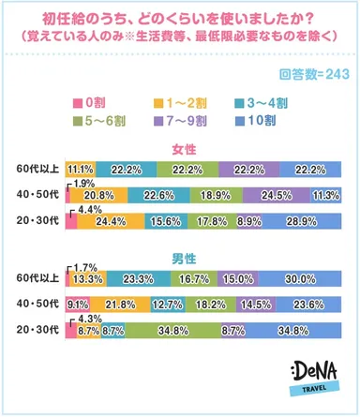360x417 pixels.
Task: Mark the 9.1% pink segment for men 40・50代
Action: (x=78, y=305)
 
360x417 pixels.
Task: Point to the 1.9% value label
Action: (x=82, y=183)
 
